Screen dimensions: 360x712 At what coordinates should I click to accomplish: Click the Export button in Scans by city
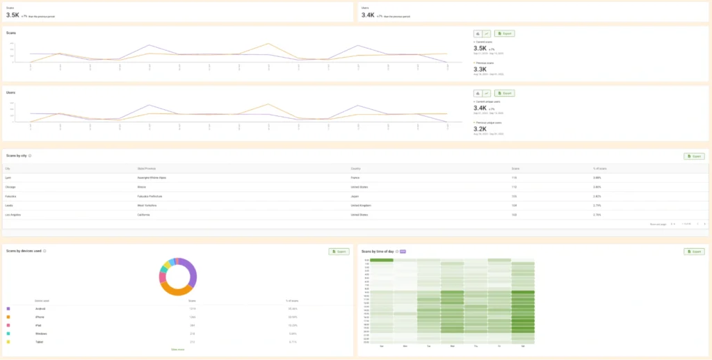(693, 156)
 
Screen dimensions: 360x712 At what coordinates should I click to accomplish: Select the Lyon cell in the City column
(8, 177)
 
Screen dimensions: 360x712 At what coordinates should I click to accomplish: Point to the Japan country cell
(356, 196)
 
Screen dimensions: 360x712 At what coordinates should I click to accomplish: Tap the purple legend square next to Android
(8, 308)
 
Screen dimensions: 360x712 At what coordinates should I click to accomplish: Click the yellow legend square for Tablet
(8, 341)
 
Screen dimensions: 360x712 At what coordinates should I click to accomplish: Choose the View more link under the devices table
(177, 350)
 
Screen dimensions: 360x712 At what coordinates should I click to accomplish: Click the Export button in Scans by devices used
(338, 251)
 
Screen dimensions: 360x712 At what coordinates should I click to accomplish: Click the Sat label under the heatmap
(523, 345)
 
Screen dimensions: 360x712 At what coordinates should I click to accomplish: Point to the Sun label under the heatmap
(381, 345)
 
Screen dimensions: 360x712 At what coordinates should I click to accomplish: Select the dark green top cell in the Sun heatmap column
(381, 261)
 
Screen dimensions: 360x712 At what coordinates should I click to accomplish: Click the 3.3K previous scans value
(480, 69)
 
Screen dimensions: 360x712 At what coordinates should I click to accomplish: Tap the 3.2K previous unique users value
(480, 129)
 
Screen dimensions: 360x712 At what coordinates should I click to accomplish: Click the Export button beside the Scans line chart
(504, 33)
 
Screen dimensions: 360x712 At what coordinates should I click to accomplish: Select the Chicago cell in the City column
(10, 187)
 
